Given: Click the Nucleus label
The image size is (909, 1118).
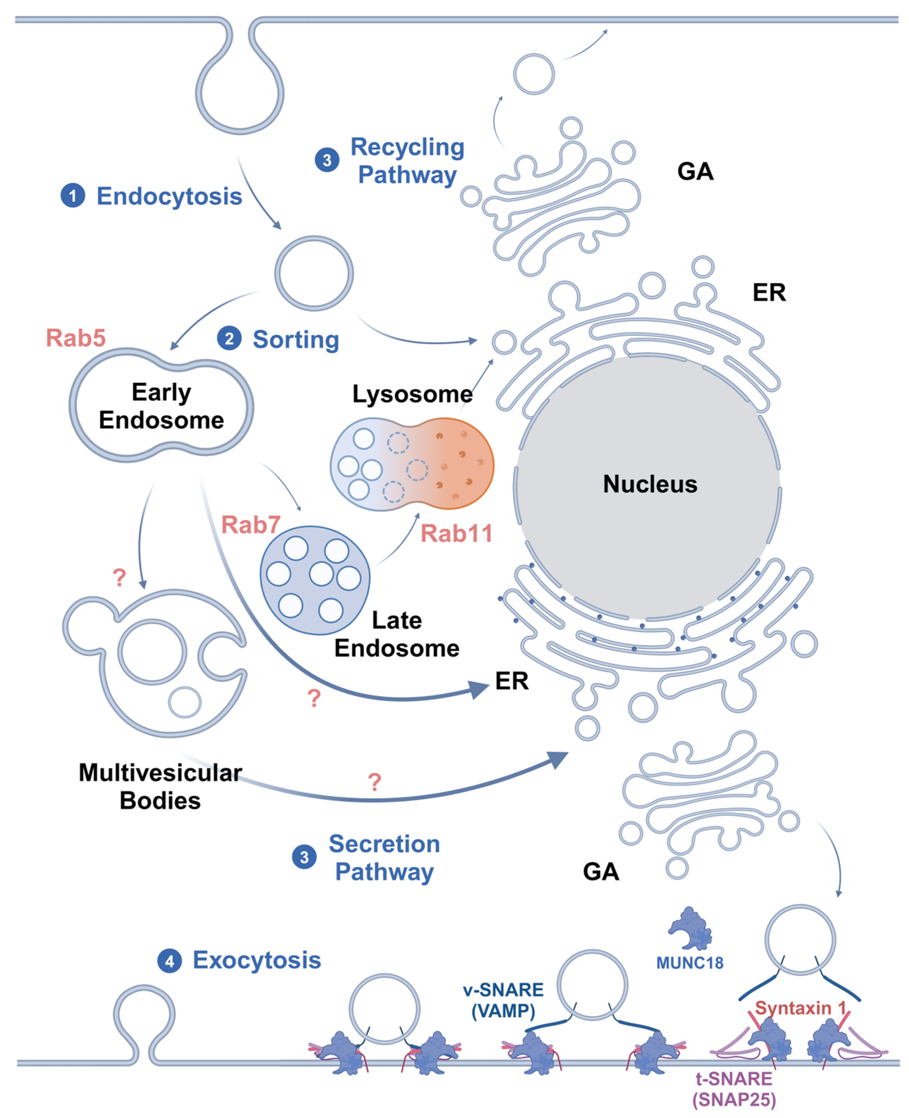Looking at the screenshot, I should coord(650,484).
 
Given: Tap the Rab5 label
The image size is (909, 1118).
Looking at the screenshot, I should coord(76,338).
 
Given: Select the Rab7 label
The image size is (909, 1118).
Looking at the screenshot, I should coord(251,525).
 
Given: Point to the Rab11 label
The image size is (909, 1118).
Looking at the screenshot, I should coord(457,533).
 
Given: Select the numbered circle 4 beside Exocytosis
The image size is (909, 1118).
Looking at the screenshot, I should coord(170,961).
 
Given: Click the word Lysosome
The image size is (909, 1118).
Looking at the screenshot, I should coord(412,394).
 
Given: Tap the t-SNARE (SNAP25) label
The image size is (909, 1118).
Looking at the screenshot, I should coord(734,1089).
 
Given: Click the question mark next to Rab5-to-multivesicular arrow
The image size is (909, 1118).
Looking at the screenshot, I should coord(119,577).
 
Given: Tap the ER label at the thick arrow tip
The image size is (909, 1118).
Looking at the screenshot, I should coord(511,681).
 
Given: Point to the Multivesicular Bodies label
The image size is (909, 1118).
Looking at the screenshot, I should coord(160,787).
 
